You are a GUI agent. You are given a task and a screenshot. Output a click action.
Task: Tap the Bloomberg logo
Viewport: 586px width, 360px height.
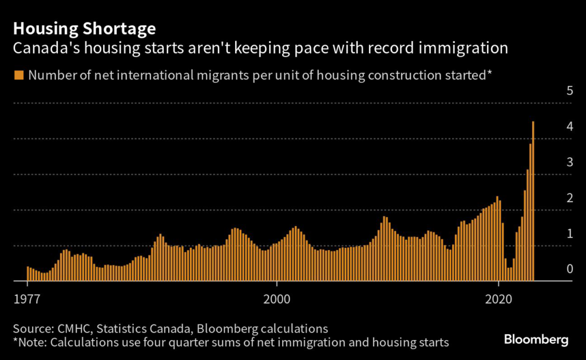tap(536, 339)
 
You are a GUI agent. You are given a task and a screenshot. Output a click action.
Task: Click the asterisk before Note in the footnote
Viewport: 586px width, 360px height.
tap(15, 342)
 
